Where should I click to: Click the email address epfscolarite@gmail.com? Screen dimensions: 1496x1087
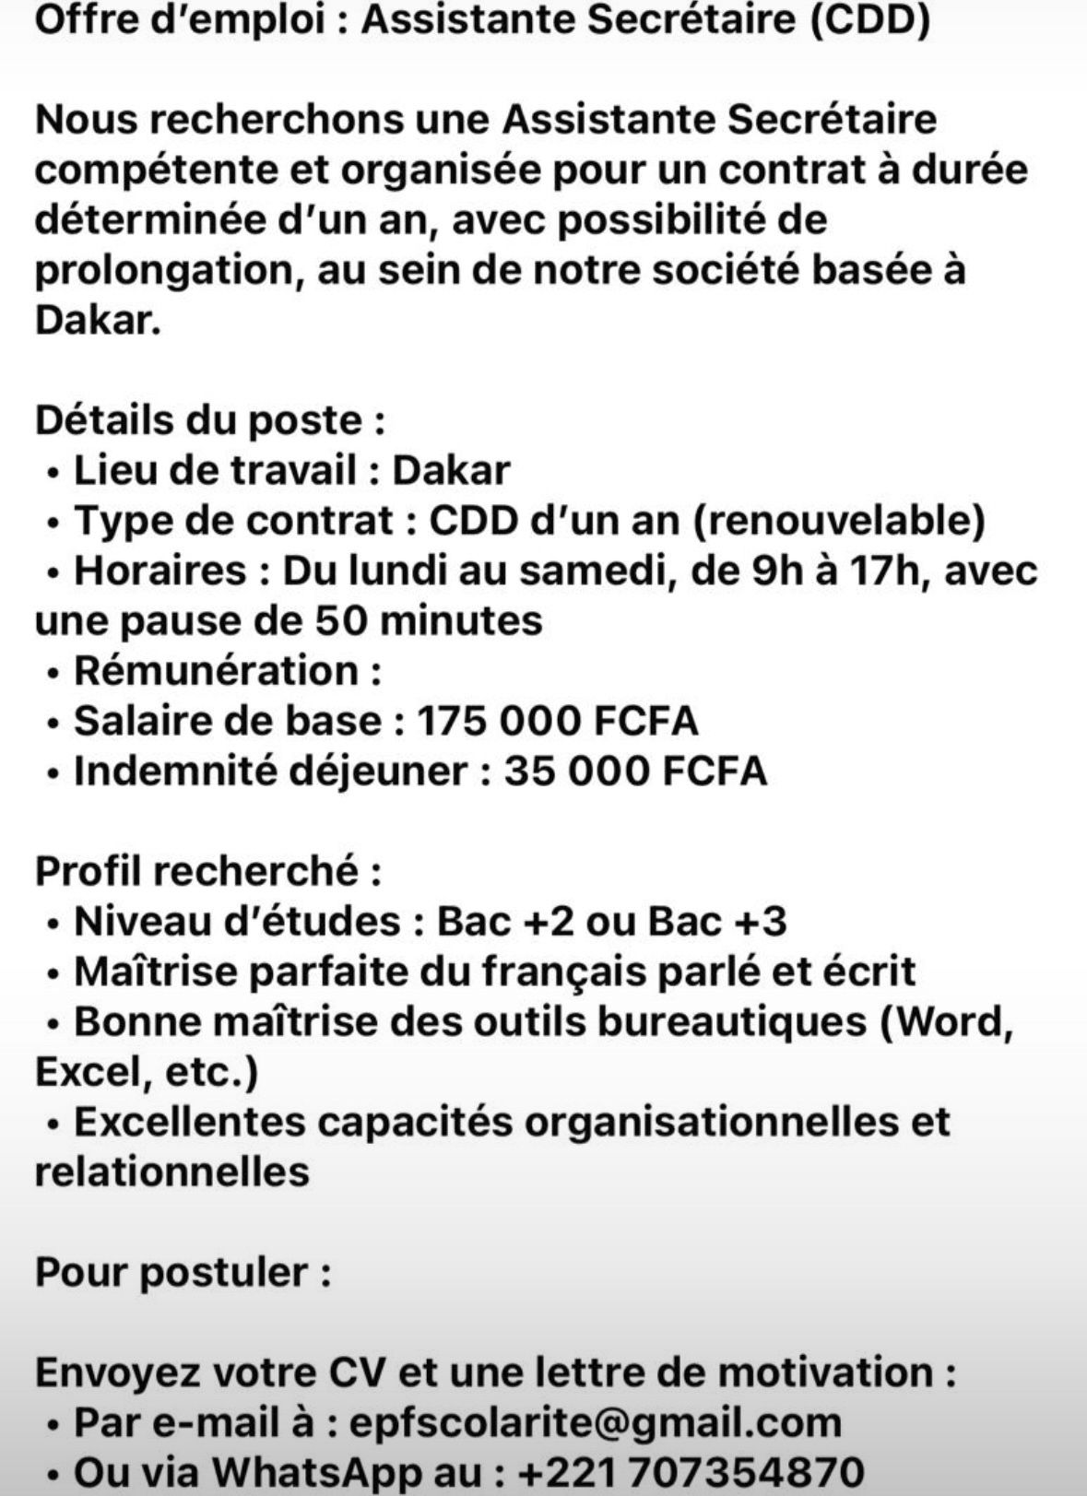596,1422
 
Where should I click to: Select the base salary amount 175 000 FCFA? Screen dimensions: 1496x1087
557,721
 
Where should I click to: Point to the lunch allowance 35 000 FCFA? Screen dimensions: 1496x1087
635,771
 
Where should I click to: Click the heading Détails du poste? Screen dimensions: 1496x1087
209,420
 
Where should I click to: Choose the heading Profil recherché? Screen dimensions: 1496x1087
207,870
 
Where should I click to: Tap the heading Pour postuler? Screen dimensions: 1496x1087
183,1273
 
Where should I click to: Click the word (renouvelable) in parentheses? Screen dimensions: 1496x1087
838,521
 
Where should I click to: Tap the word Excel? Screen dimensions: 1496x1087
86,1072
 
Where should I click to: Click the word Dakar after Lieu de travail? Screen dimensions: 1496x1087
451,470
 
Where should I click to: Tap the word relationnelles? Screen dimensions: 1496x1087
171,1172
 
